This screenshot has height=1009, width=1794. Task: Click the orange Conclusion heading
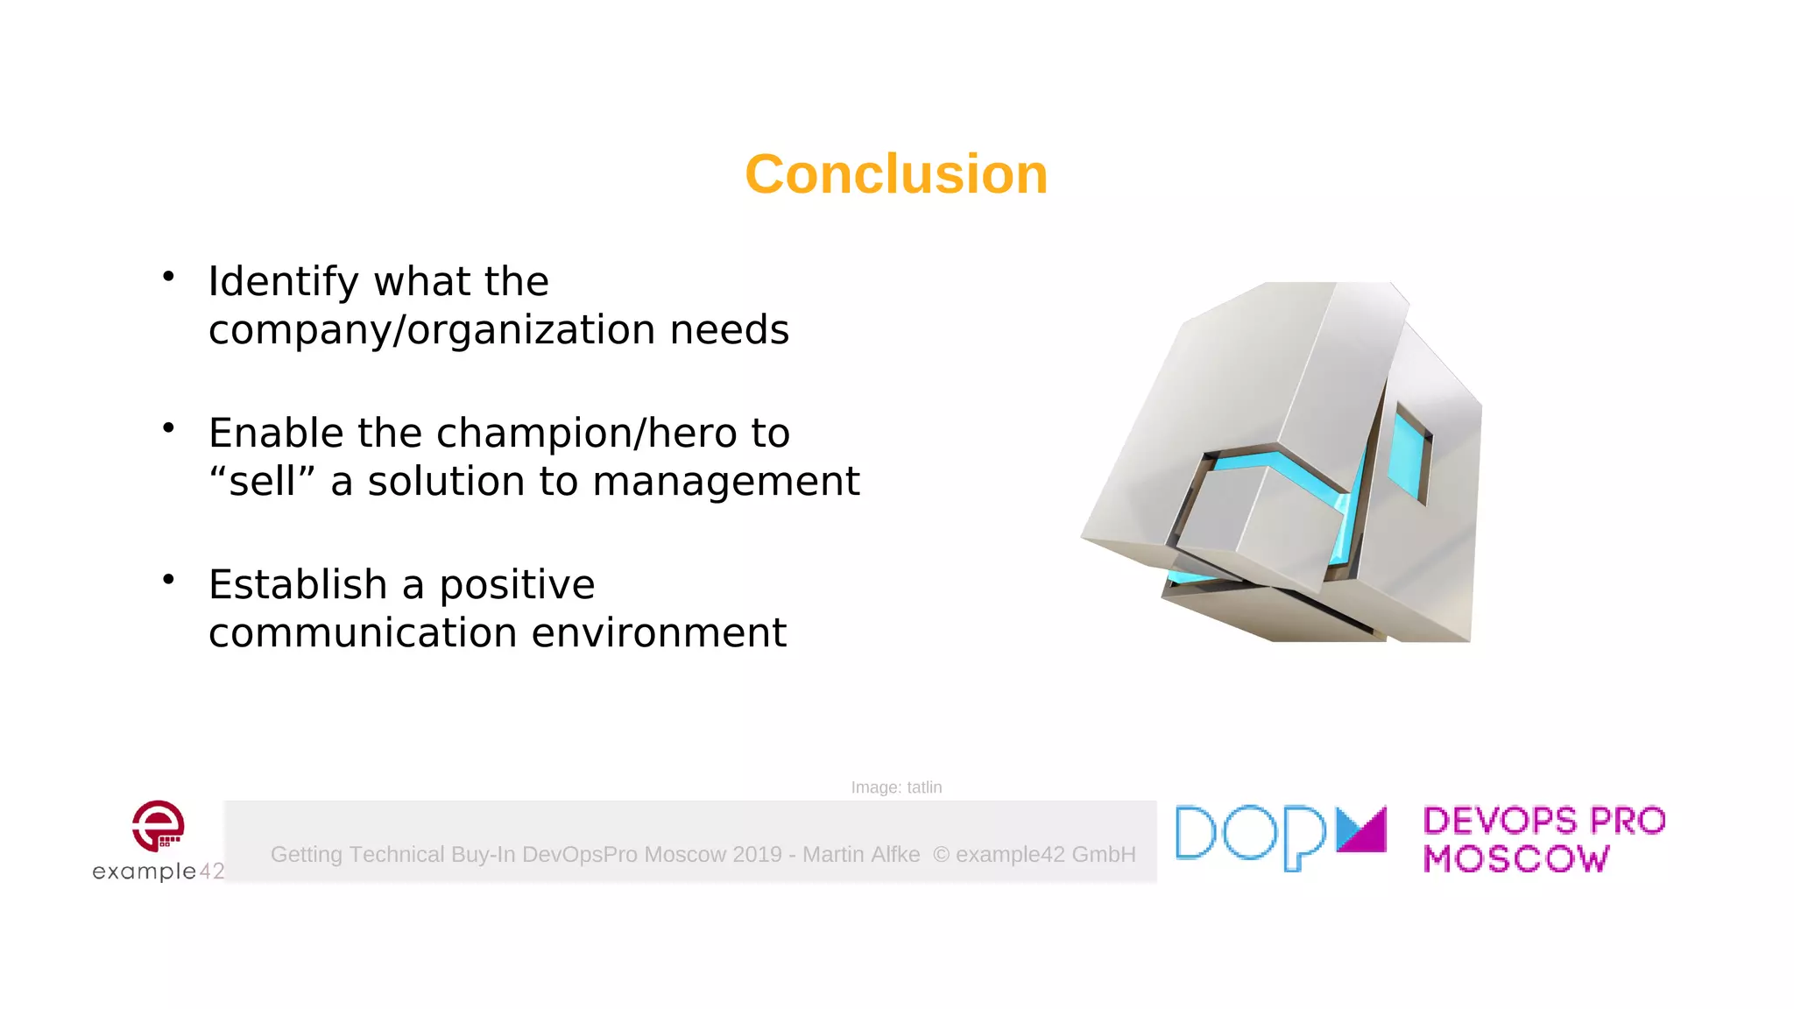click(896, 174)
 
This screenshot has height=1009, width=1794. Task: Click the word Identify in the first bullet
click(283, 282)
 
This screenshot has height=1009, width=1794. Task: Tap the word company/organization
click(432, 330)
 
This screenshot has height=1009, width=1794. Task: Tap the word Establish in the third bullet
click(298, 585)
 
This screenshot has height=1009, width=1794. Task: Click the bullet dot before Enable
click(169, 428)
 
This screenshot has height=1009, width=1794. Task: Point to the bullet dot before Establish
click(169, 580)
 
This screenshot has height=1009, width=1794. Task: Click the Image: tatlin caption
click(896, 787)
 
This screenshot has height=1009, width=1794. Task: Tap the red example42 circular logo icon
click(158, 825)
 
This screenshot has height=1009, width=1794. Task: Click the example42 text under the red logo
click(158, 871)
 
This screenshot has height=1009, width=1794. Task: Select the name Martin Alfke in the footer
click(861, 854)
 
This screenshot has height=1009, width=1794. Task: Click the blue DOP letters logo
click(1252, 836)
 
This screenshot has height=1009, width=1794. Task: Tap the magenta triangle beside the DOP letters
click(1363, 830)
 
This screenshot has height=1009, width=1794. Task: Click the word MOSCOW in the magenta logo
click(1516, 859)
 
